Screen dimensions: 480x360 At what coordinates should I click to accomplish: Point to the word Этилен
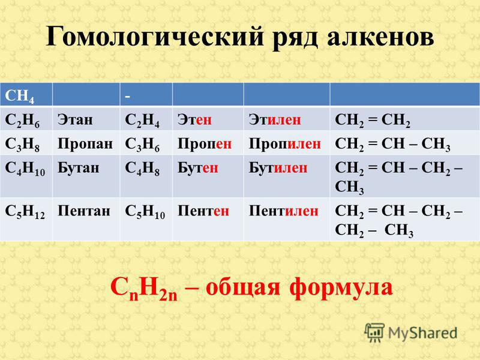pos(275,119)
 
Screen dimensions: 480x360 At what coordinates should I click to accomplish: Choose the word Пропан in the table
pos(85,144)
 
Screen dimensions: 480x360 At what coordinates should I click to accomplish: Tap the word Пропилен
pos(284,144)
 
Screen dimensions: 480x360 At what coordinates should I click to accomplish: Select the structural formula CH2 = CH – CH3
pos(392,145)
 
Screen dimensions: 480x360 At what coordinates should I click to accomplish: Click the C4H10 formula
pos(25,169)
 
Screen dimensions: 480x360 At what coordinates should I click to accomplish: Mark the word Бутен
pos(198,168)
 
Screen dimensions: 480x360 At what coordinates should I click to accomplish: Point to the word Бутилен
pos(278,168)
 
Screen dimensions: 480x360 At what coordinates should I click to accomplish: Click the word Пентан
pos(84,211)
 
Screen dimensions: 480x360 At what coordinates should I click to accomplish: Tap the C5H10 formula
pos(145,212)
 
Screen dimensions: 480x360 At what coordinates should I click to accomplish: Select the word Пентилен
pos(283,211)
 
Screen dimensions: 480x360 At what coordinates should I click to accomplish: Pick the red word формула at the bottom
pos(341,288)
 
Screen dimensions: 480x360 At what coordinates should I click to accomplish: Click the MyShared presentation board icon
pos(374,332)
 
